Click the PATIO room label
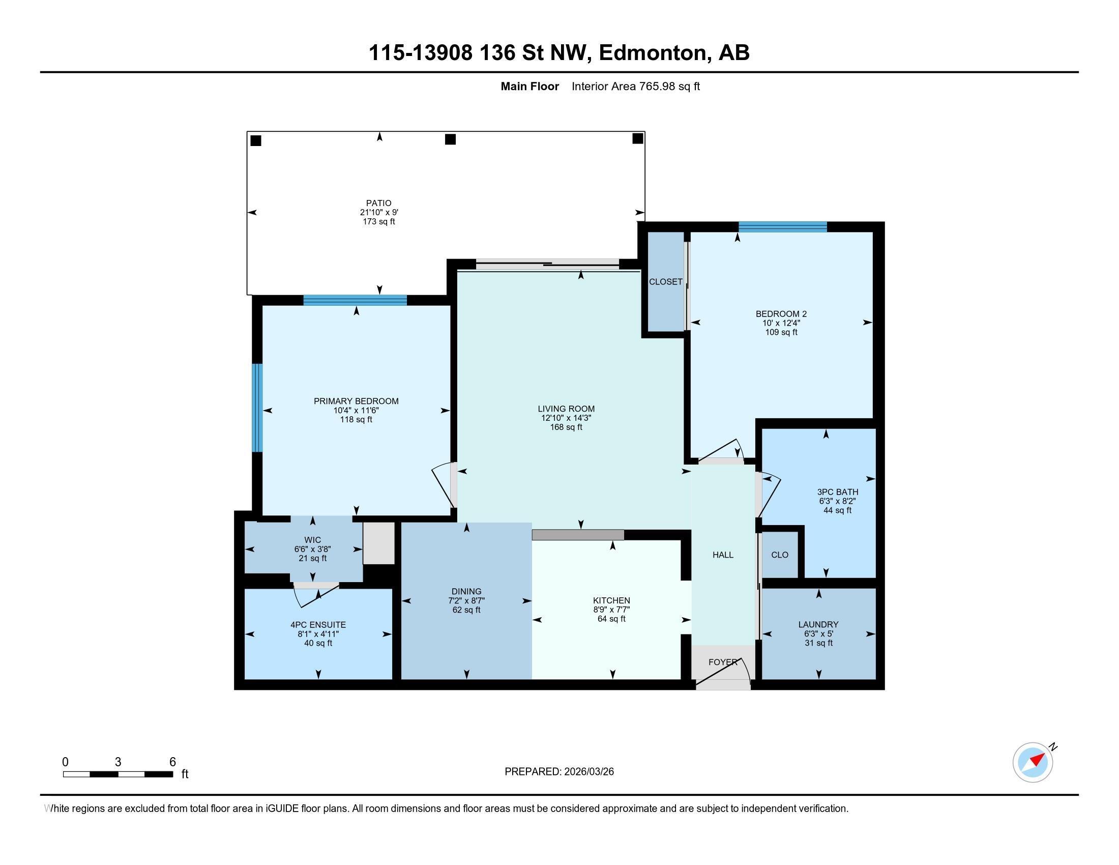[378, 203]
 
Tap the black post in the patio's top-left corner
[256, 140]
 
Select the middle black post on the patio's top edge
[450, 139]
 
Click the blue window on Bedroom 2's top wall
[782, 227]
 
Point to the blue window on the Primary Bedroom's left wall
[257, 408]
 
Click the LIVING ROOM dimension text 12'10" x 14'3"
[566, 418]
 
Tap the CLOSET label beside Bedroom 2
[666, 282]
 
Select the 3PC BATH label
[838, 492]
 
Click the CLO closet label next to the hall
[779, 555]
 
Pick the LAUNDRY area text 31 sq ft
[818, 643]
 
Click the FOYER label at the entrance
[722, 662]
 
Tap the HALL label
[723, 555]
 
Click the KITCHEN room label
[611, 600]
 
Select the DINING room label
[466, 591]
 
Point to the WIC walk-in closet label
[312, 540]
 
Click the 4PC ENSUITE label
[318, 625]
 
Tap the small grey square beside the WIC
[378, 543]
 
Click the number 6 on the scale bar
[172, 762]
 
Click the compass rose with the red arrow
[1033, 763]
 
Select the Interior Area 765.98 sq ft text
[635, 86]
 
